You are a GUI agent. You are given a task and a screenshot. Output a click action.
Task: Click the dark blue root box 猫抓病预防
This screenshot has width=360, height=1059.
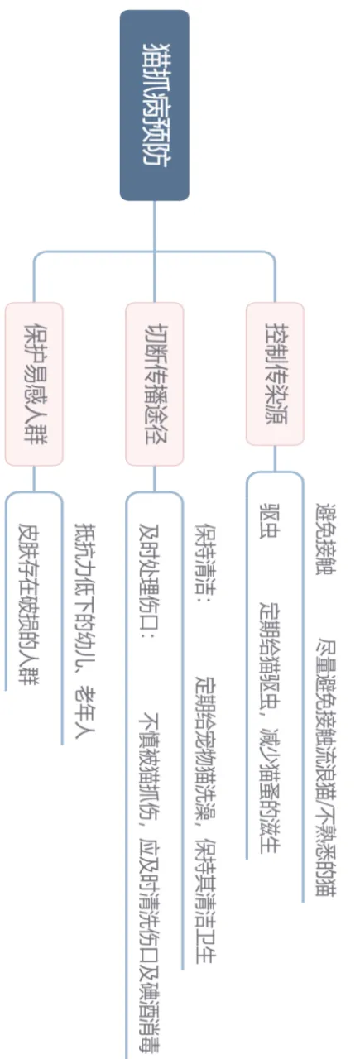(x=154, y=105)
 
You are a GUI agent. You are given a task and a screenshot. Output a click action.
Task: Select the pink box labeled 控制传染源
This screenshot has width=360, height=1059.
(x=275, y=373)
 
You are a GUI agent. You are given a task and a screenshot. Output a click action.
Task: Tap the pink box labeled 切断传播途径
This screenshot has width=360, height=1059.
(x=154, y=384)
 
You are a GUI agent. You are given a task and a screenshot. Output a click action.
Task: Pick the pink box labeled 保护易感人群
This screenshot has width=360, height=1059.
(x=34, y=384)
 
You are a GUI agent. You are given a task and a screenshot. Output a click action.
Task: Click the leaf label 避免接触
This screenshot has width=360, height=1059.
(x=325, y=539)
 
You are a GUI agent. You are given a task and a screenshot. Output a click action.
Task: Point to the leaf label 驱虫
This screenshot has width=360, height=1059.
(x=270, y=520)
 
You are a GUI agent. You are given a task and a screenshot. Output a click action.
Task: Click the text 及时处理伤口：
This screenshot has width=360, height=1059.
(x=148, y=580)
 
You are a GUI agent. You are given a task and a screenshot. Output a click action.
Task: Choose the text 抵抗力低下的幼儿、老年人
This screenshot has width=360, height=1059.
(x=85, y=630)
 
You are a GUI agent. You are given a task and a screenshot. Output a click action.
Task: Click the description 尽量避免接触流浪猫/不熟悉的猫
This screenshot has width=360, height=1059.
(x=325, y=767)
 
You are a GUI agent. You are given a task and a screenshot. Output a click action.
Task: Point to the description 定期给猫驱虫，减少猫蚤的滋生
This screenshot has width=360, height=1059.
(x=270, y=727)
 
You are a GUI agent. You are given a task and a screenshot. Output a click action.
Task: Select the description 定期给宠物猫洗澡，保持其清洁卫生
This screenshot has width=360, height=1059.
(x=205, y=819)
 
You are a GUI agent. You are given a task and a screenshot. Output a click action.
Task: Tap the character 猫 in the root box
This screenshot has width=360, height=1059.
(x=154, y=55)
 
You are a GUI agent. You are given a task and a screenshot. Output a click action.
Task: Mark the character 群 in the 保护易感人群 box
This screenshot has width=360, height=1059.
(x=34, y=434)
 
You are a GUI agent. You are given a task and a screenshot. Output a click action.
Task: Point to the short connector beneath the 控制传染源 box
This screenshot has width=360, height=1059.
(x=275, y=458)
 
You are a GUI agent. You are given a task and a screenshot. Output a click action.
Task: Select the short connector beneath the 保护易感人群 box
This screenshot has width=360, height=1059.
(x=34, y=479)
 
